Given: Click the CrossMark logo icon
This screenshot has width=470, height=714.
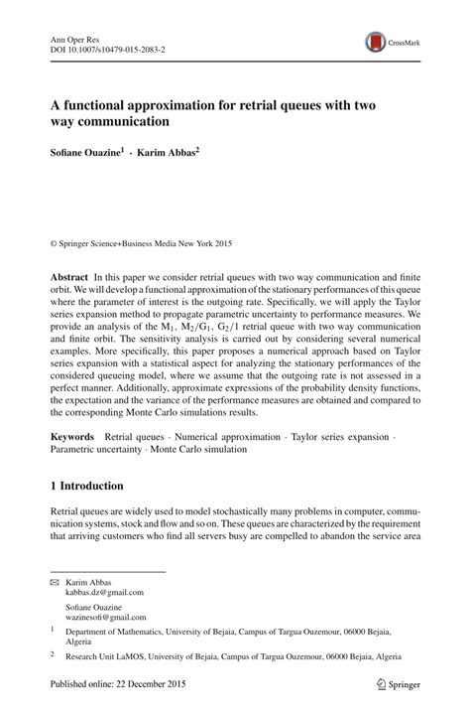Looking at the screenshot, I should [x=376, y=41].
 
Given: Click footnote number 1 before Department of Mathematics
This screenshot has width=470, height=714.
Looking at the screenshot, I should [x=53, y=630].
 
